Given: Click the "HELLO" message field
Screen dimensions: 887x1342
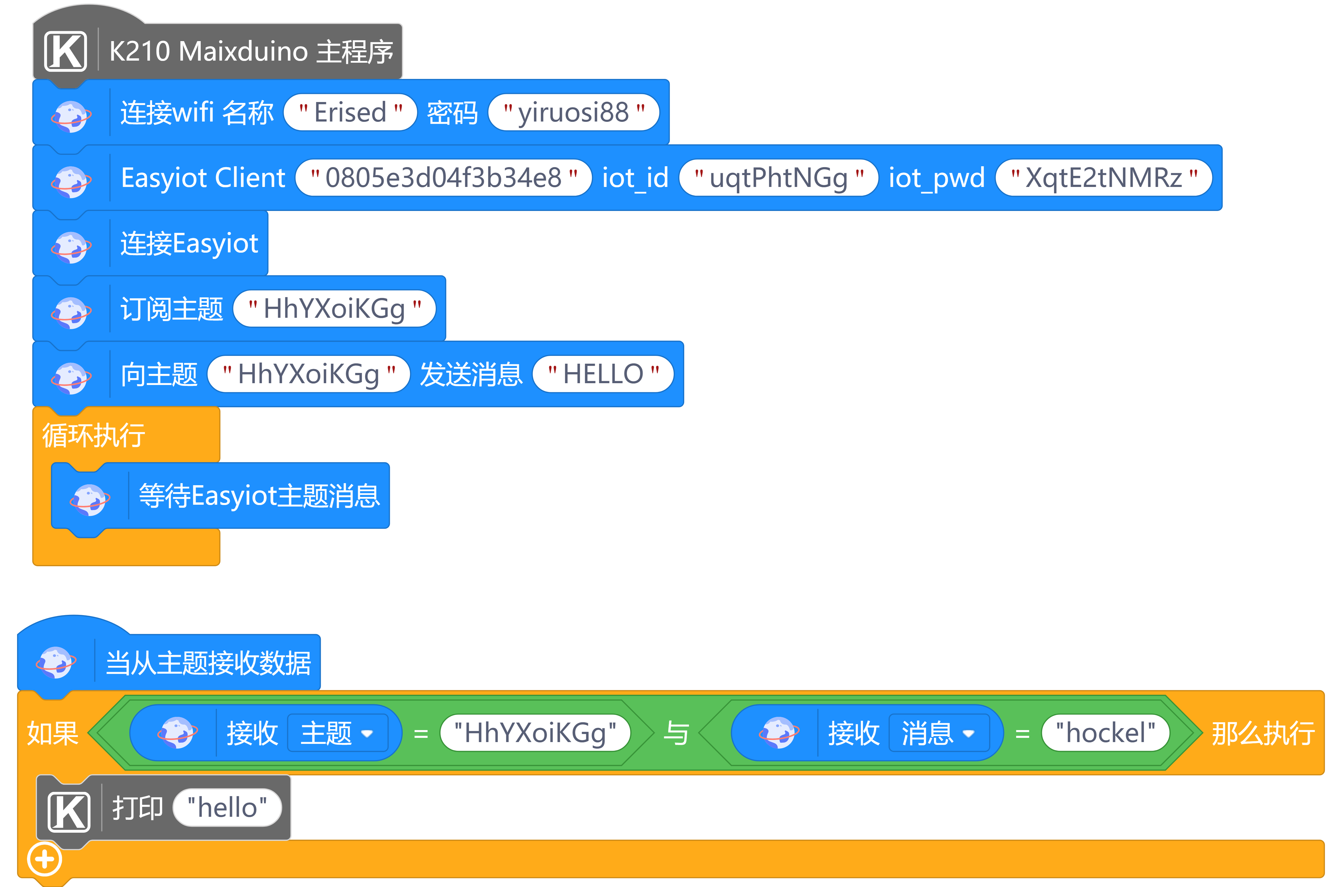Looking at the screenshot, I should coord(603,374).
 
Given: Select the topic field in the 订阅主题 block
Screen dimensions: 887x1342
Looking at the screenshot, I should coord(334,309).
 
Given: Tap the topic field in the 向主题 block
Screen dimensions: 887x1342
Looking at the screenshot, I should coord(308,374).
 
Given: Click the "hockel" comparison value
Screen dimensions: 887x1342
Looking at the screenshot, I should coord(1105,733).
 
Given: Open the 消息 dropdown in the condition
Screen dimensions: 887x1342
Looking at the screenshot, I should coord(939,733).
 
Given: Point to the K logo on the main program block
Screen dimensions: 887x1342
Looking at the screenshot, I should coord(66,52).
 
